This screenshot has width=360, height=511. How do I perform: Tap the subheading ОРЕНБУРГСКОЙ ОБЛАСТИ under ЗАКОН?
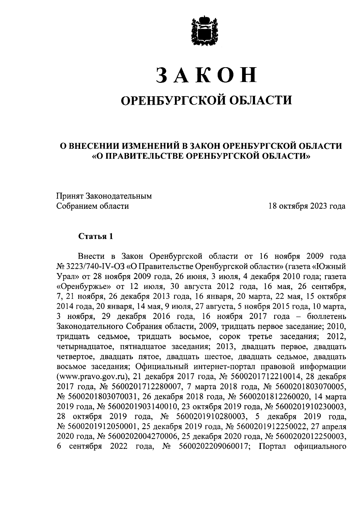[206, 100]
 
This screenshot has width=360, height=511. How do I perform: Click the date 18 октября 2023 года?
[307, 206]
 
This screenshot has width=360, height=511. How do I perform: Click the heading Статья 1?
[96, 236]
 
